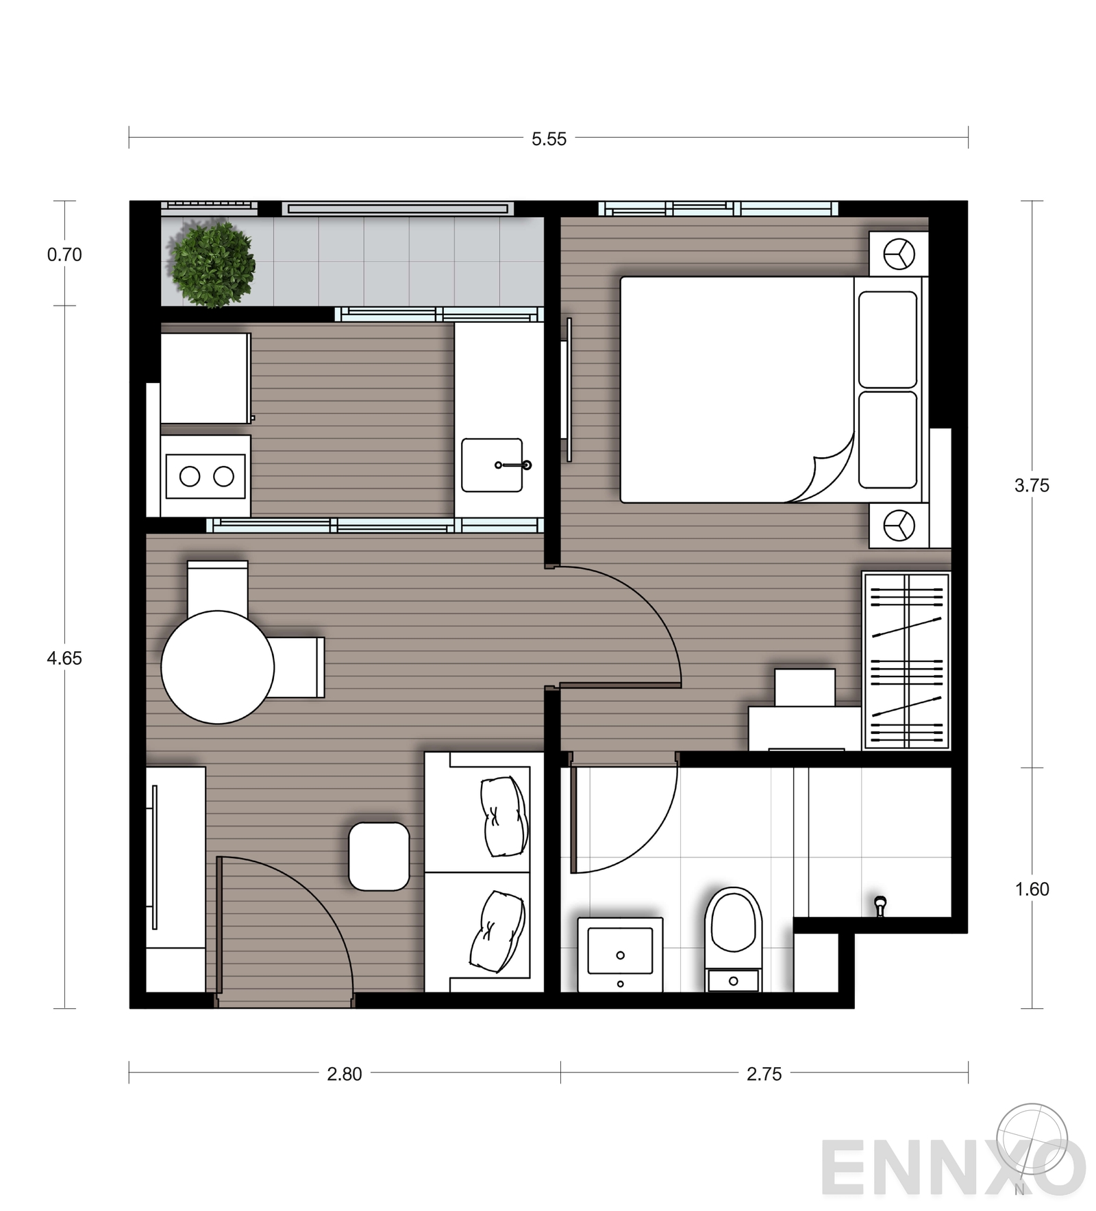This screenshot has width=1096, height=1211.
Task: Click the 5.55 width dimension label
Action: (x=549, y=139)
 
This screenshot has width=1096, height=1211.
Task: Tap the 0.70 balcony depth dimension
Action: (x=64, y=255)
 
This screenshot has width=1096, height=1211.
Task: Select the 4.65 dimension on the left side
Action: (x=64, y=659)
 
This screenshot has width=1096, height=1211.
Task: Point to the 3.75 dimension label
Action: (x=1031, y=486)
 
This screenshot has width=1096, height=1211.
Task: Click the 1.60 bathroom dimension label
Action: (x=1031, y=890)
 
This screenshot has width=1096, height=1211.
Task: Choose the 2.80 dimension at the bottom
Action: (x=344, y=1074)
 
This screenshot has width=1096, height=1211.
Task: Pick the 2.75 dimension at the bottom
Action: (x=764, y=1074)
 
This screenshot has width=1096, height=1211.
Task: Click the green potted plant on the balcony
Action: (x=212, y=265)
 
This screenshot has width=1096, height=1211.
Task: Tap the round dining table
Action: (x=218, y=667)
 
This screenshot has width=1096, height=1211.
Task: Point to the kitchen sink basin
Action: (x=492, y=465)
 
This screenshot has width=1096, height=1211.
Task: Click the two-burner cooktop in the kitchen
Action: (x=206, y=476)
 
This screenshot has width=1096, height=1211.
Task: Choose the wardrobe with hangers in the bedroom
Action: (x=906, y=660)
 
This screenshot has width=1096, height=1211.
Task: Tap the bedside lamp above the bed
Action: (x=898, y=254)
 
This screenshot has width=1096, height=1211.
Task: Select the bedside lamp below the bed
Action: (x=898, y=526)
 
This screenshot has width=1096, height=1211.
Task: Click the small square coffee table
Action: (x=379, y=857)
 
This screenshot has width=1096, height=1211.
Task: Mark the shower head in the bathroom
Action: (x=880, y=905)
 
